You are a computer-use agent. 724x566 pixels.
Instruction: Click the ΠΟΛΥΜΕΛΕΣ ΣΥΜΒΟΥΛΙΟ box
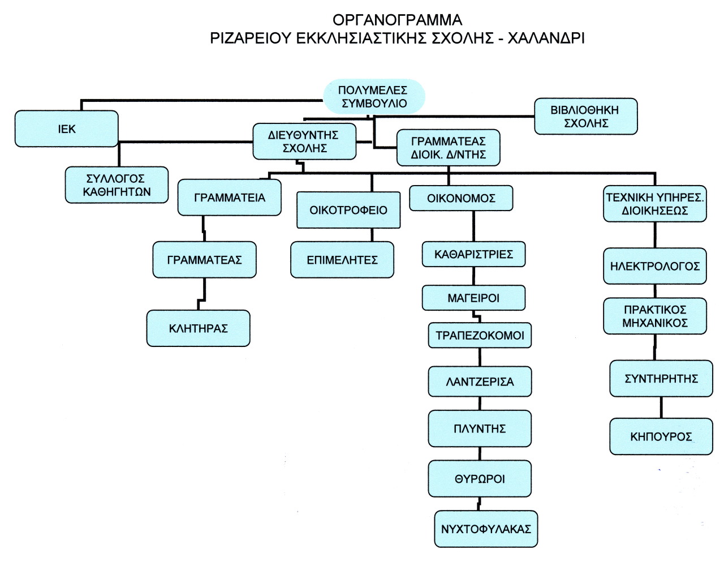[374, 97]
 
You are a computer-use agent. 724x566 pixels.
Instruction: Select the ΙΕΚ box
[67, 129]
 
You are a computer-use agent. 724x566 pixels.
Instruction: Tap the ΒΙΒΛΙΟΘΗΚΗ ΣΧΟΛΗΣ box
[585, 117]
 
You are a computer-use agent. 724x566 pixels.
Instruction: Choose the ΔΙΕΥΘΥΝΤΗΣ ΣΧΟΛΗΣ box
[304, 141]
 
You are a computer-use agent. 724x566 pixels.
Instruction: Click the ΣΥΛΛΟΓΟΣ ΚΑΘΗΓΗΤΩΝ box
[117, 185]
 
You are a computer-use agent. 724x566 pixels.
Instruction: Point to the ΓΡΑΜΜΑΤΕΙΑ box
[229, 198]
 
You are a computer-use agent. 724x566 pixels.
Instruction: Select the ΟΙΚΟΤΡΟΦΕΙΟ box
[348, 210]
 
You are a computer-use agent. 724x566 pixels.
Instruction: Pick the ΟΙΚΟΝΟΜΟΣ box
[461, 198]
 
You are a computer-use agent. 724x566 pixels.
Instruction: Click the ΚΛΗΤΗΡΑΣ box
[198, 328]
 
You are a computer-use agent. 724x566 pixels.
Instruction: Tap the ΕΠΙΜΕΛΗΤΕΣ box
[342, 260]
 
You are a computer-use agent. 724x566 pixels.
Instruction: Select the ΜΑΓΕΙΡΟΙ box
[473, 298]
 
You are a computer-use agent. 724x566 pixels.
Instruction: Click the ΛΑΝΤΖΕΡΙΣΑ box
[480, 381]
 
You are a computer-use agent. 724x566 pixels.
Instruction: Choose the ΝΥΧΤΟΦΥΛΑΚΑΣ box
[486, 529]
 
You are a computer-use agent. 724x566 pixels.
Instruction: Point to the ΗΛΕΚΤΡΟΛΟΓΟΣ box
[654, 266]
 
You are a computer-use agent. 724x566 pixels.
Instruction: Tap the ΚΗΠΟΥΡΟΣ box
[661, 436]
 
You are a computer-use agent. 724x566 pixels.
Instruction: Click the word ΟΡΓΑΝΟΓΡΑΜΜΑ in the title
[397, 20]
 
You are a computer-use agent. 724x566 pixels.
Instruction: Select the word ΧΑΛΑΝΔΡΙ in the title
[546, 38]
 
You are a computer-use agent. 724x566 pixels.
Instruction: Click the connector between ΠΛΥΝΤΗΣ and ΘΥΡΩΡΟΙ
[480, 453]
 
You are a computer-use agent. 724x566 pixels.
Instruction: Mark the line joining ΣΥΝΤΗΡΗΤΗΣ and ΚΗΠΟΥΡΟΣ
[661, 408]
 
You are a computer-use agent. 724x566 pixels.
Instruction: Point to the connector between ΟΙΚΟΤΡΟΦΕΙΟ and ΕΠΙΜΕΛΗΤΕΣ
[372, 235]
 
